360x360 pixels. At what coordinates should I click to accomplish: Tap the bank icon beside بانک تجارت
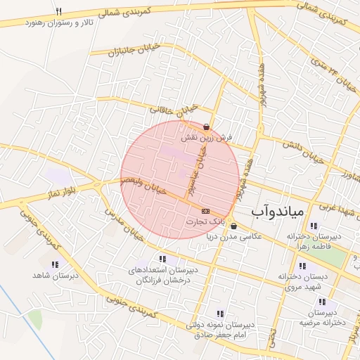pyautogui.click(x=205, y=211)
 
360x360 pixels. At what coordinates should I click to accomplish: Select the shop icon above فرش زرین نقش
pyautogui.click(x=206, y=127)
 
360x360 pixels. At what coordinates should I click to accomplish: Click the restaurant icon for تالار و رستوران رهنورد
pyautogui.click(x=58, y=12)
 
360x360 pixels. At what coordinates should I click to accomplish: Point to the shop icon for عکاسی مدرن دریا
pyautogui.click(x=233, y=226)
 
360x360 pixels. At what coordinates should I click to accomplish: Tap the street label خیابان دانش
pyautogui.click(x=302, y=151)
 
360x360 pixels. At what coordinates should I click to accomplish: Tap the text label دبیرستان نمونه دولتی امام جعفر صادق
pyautogui.click(x=222, y=330)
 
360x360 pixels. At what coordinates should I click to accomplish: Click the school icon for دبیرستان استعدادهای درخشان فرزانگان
pyautogui.click(x=162, y=259)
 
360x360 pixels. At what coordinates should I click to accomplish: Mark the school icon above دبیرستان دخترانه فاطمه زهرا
pyautogui.click(x=313, y=226)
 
